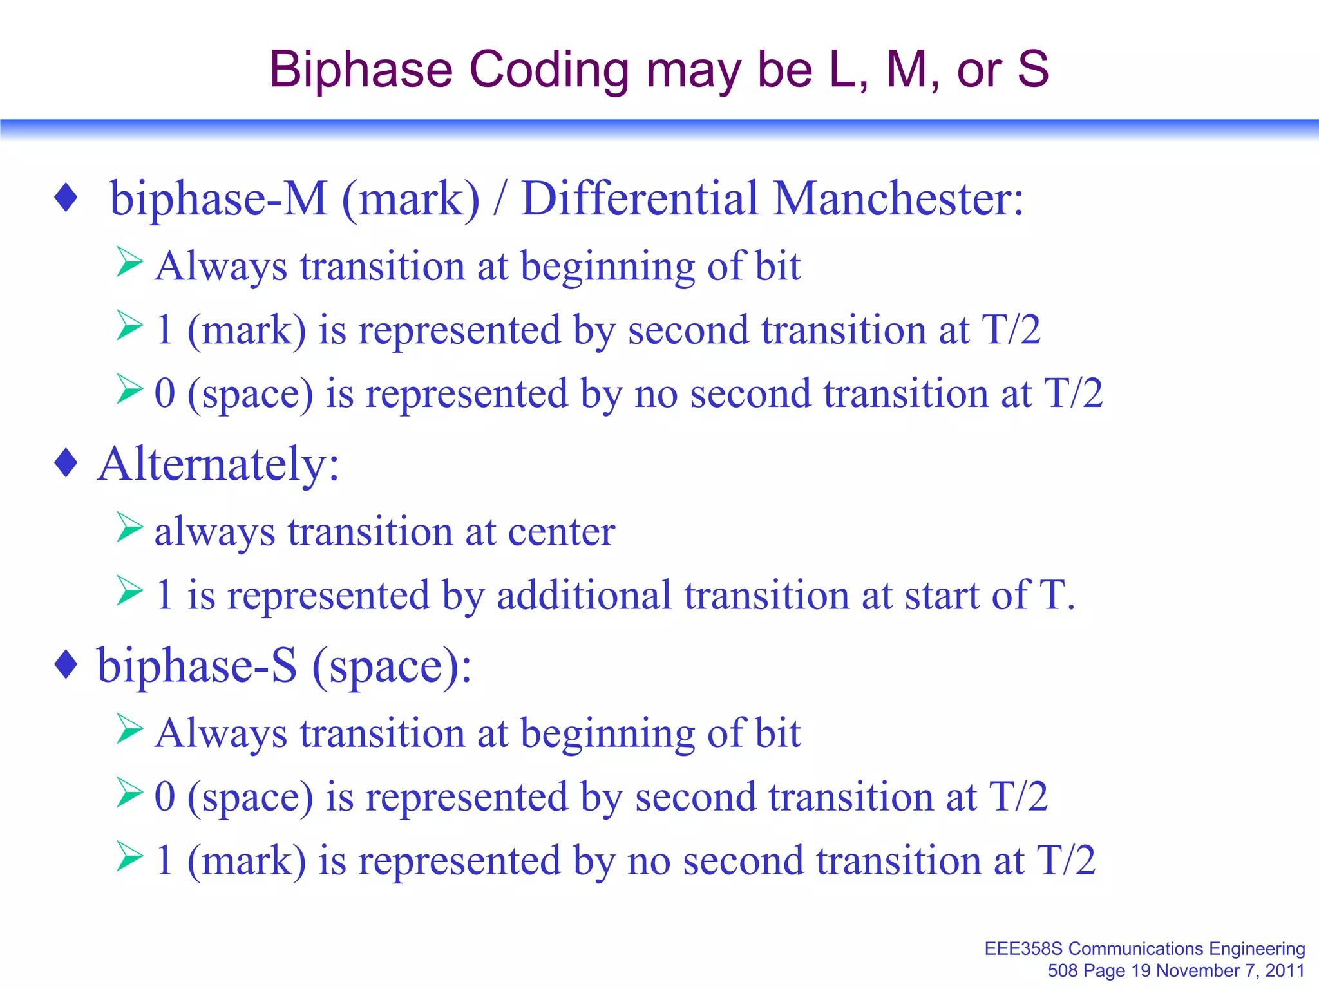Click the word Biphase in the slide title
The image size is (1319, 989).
(x=361, y=70)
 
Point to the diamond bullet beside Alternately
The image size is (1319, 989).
(x=66, y=463)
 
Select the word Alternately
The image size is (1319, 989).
(x=218, y=464)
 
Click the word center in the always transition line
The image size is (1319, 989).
(x=562, y=532)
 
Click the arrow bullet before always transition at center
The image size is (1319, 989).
(x=129, y=527)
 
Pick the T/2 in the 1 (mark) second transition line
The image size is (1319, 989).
(x=1011, y=330)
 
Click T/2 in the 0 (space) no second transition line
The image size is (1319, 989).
(x=1073, y=393)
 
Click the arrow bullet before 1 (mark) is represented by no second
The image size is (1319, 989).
(x=129, y=856)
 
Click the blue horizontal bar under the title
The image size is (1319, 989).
(x=659, y=127)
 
